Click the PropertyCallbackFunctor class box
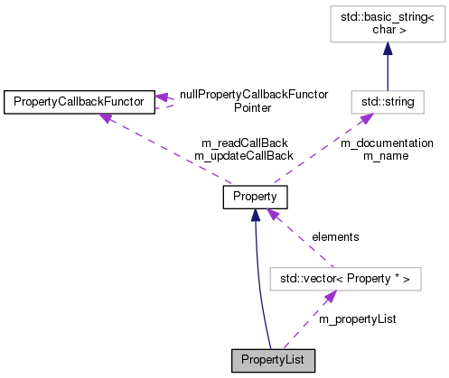(x=79, y=101)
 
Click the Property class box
(x=255, y=196)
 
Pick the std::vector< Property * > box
(x=346, y=280)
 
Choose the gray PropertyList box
(x=274, y=360)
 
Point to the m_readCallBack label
(x=243, y=143)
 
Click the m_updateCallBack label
(x=243, y=155)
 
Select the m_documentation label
(x=386, y=143)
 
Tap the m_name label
(x=386, y=155)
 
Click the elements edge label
(x=335, y=236)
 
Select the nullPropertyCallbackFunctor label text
(x=253, y=94)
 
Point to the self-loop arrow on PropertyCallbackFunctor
(x=171, y=102)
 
